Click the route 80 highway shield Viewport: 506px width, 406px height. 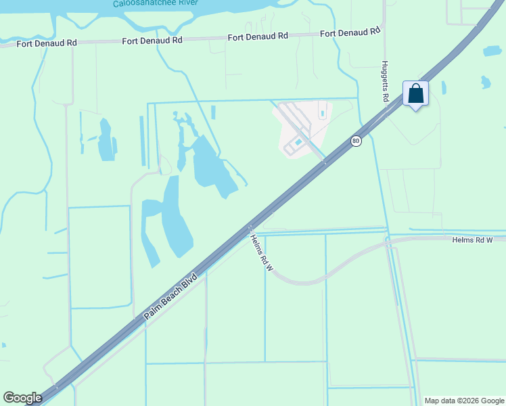(356, 141)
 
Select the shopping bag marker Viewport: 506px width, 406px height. (415, 93)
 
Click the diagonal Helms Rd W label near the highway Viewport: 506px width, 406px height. (260, 252)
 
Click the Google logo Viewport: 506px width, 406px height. (22, 398)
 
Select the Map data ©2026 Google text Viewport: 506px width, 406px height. (463, 401)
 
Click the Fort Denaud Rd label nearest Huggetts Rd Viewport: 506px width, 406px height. (349, 32)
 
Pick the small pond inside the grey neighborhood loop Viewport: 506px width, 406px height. (298, 141)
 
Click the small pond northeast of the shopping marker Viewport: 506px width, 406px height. (485, 83)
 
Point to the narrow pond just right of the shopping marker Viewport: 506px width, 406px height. (443, 88)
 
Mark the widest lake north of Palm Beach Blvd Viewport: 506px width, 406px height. (211, 166)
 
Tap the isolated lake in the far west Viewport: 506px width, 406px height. (106, 140)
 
